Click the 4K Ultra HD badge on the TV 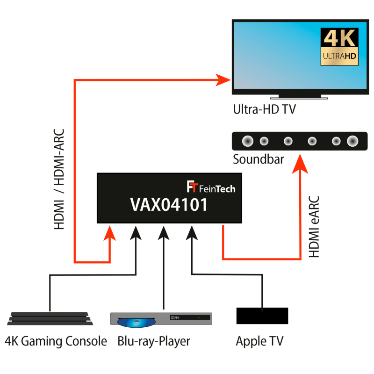339,46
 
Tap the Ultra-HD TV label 264,110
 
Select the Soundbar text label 258,159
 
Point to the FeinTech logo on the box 210,188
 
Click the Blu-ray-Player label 154,341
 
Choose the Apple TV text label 259,341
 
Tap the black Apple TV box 262,316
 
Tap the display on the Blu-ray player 175,318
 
